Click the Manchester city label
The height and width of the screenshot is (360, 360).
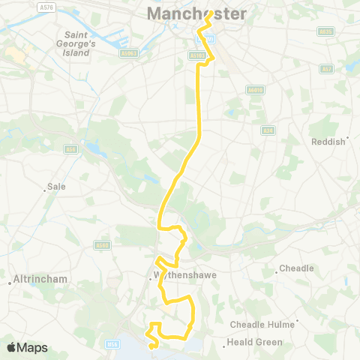click(196, 13)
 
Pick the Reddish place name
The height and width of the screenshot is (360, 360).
click(328, 141)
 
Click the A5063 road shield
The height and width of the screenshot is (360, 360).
click(130, 54)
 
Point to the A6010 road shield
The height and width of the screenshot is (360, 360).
click(254, 90)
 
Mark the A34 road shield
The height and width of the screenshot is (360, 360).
click(268, 130)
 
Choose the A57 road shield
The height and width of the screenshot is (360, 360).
click(327, 69)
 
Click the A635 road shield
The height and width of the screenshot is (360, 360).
click(325, 31)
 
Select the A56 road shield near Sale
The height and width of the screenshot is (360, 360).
click(72, 149)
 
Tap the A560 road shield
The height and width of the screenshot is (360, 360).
click(103, 244)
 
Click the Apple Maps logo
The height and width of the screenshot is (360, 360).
click(27, 347)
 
